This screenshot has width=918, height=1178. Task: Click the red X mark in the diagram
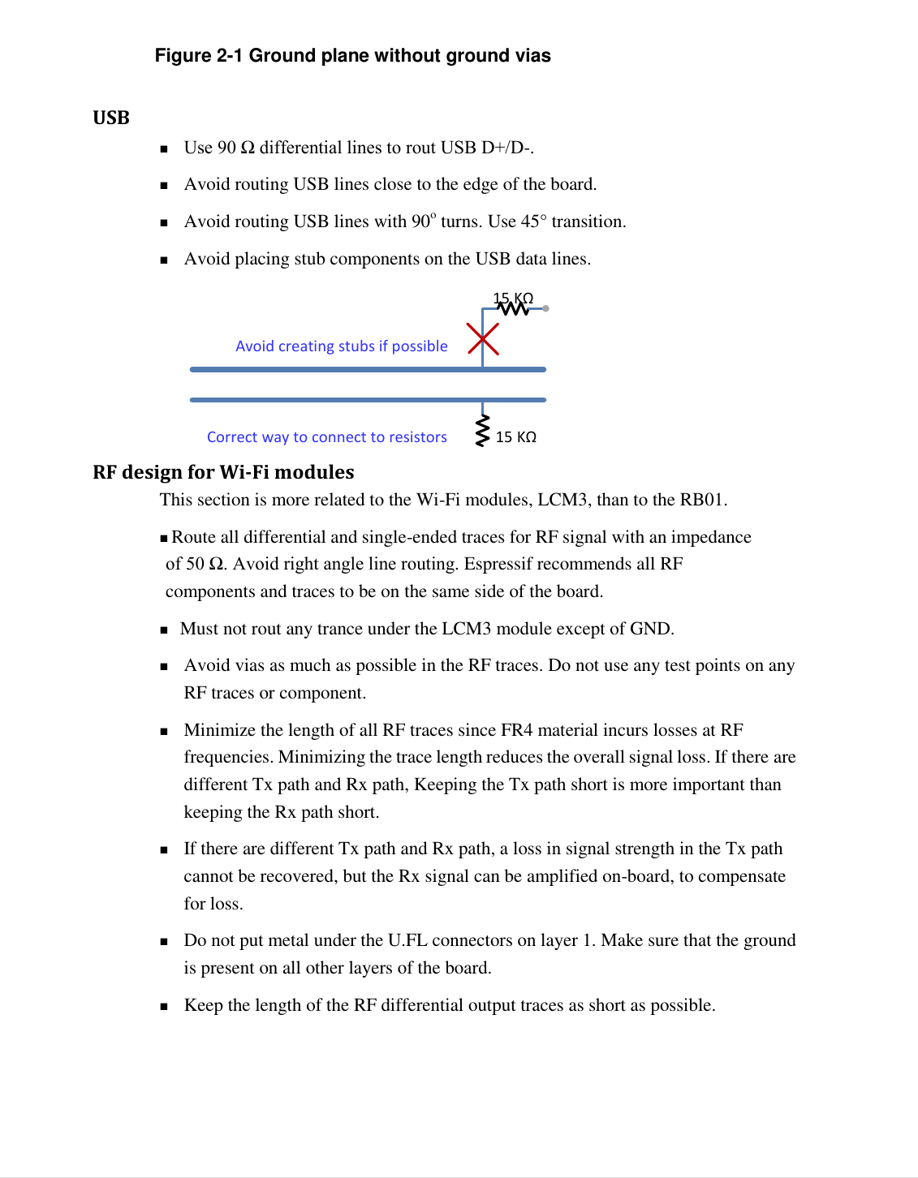tap(483, 339)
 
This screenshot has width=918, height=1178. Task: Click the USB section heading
tap(111, 118)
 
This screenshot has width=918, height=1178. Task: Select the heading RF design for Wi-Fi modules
tap(223, 472)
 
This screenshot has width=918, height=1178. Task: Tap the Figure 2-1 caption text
tap(352, 56)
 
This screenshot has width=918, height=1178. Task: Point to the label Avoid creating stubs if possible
tap(341, 346)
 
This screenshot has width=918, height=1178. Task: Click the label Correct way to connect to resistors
tap(326, 437)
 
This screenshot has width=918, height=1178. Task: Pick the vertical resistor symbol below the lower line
tap(483, 430)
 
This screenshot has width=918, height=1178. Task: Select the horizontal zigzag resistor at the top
tap(513, 308)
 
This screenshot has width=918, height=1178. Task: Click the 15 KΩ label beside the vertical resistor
tap(516, 437)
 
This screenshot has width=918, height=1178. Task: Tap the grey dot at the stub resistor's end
tap(545, 308)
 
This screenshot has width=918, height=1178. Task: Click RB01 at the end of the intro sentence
tap(702, 500)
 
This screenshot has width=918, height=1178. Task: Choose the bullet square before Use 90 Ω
tap(164, 148)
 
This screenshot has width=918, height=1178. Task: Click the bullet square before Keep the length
tap(164, 1006)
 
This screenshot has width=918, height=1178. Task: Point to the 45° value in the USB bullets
tap(534, 221)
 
